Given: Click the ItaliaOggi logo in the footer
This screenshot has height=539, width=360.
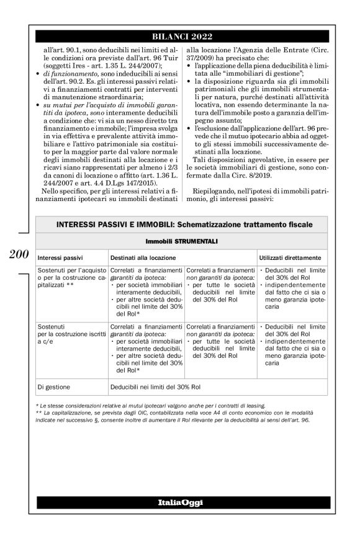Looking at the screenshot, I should [179, 502].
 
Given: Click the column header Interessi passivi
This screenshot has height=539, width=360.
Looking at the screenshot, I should [61, 256].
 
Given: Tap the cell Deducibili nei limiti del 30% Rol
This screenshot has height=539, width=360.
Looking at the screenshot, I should [155, 386].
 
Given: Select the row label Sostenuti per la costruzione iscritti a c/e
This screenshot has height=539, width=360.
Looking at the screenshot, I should [70, 332].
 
